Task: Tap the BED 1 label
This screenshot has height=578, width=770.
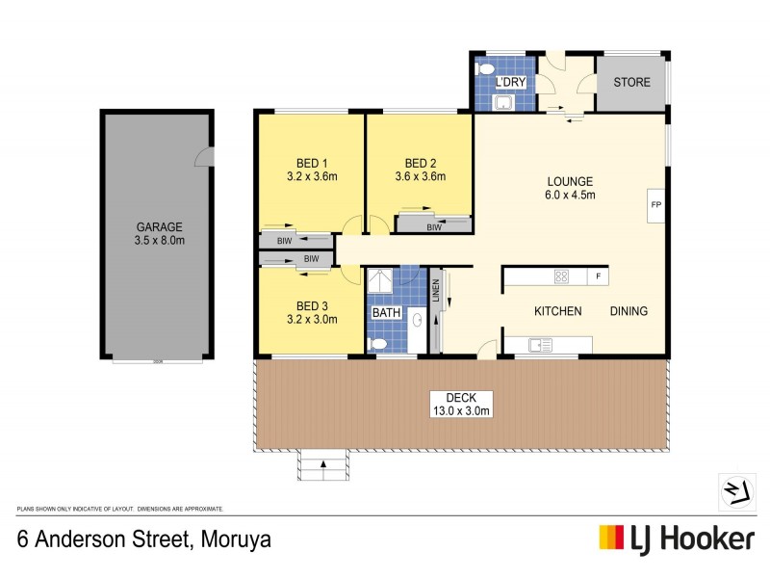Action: point(312,163)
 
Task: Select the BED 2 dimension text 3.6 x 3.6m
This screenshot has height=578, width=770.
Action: point(420,176)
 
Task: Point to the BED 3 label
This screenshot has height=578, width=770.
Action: point(312,305)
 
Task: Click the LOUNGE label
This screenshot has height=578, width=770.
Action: point(571,181)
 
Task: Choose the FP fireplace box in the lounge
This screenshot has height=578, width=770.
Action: point(655,205)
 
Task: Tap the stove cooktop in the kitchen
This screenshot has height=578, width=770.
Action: point(561,277)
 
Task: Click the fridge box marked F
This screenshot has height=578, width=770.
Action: point(598,277)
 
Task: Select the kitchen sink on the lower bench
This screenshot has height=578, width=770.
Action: point(540,344)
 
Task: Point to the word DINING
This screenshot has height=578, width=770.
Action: point(629,311)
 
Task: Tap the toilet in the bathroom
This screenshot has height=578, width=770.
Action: point(379,344)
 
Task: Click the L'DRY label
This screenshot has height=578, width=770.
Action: point(509,84)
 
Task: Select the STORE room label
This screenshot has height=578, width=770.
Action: point(630,83)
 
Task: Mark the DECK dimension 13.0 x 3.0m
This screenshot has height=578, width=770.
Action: point(461,411)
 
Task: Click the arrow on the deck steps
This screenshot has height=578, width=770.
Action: point(323,464)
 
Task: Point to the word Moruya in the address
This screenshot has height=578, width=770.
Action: point(237,539)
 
